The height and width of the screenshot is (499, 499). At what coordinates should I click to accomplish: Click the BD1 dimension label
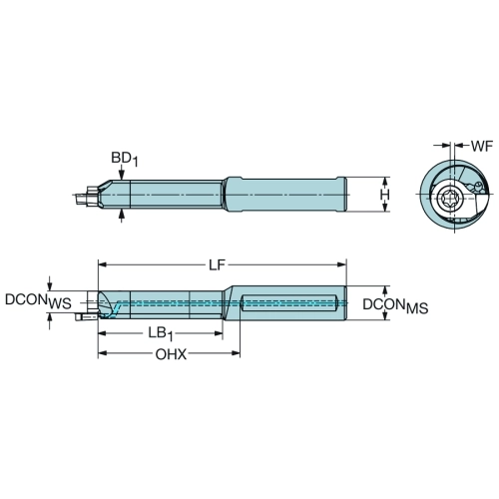pos(124,159)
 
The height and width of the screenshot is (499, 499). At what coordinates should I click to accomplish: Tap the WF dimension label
pos(481,147)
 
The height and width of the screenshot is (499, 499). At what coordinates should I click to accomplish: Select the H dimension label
pos(385,195)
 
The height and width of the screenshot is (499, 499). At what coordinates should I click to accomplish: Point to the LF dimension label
pos(217,265)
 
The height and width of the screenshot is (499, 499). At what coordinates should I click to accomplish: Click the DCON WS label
pos(38,301)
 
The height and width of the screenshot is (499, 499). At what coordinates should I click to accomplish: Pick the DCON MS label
pos(395,306)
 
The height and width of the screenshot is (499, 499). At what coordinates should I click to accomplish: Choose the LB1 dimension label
pos(161,334)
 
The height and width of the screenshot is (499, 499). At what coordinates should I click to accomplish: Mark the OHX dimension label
pos(171,354)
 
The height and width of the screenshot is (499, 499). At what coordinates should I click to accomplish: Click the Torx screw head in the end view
pos(446,199)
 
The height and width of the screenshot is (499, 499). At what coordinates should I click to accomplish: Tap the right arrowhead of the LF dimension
pos(342,264)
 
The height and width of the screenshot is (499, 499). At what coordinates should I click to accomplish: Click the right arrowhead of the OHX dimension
pos(236,353)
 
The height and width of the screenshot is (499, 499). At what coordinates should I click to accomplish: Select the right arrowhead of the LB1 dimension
pos(218,333)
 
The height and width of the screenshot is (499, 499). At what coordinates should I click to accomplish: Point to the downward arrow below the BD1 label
pos(122,174)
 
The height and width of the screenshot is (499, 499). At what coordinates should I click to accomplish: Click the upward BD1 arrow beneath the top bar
pos(122,216)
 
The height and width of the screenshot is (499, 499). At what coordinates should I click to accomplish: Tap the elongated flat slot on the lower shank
pos(289,302)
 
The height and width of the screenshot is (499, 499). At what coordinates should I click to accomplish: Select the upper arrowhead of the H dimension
pos(385,182)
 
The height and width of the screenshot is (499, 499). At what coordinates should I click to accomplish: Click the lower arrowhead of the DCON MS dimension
pos(385,315)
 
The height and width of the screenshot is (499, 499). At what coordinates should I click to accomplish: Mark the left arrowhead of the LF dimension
pos(103,264)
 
